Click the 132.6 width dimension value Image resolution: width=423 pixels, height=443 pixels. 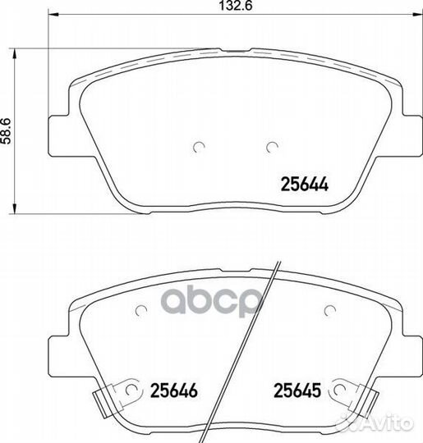(x=236, y=6)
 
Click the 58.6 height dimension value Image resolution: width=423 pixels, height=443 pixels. (x=6, y=131)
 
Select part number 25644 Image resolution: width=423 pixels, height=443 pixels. (x=305, y=185)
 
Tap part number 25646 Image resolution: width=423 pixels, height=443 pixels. (x=174, y=390)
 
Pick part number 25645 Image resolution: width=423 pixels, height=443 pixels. (x=297, y=390)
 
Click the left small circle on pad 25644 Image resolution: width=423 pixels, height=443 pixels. (x=199, y=147)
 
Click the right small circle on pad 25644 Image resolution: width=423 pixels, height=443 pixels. (x=273, y=147)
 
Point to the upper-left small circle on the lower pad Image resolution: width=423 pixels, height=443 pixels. (x=141, y=311)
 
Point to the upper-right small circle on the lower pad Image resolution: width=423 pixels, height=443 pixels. (x=330, y=311)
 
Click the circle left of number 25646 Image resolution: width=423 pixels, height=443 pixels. (x=131, y=390)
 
